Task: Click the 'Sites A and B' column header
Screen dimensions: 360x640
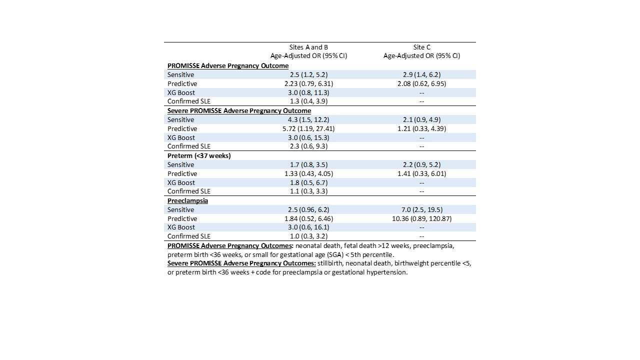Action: (308, 47)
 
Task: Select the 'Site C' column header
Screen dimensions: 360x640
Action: (421, 47)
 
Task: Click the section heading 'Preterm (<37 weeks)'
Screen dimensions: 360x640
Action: (199, 155)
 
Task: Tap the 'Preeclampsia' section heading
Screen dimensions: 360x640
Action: (187, 200)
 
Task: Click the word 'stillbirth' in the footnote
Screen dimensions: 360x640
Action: (332, 263)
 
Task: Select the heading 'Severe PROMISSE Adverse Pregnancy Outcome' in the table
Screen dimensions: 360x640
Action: (239, 110)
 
